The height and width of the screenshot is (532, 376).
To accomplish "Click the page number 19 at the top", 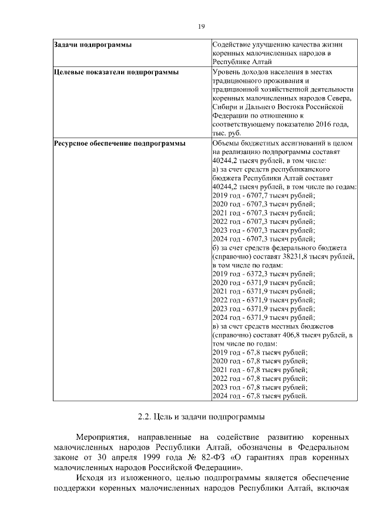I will [x=201, y=26].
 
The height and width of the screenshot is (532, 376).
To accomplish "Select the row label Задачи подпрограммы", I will [x=92, y=45].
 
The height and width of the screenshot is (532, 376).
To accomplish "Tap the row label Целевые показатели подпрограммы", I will [x=116, y=72].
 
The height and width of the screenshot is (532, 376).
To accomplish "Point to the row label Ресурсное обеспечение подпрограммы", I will [x=119, y=143].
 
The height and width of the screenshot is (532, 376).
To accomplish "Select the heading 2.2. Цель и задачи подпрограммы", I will [x=201, y=418].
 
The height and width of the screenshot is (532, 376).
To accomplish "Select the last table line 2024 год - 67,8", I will [x=259, y=396].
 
